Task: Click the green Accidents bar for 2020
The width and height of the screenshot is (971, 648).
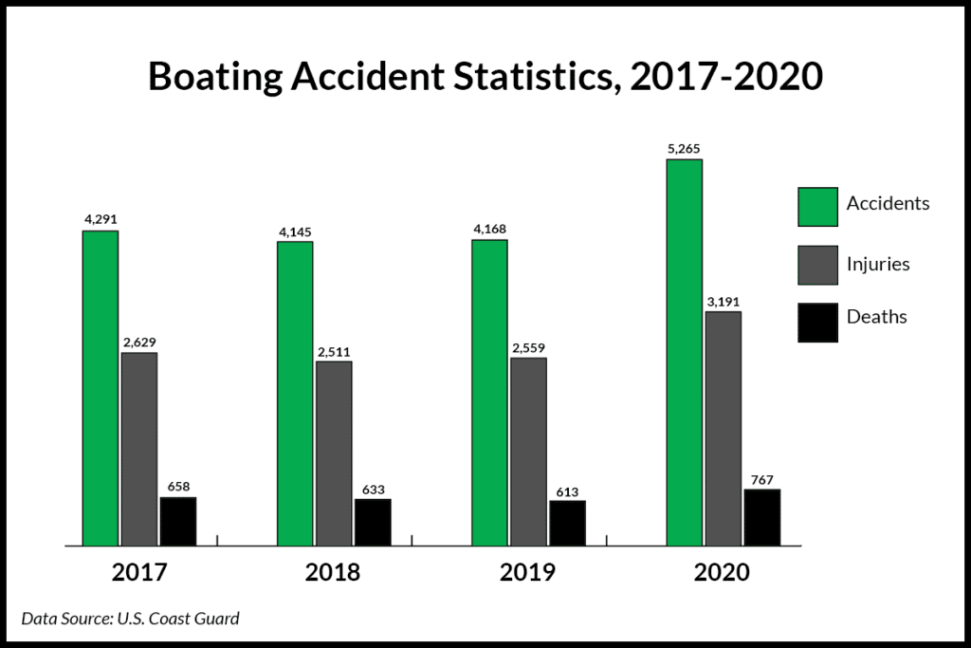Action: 684,352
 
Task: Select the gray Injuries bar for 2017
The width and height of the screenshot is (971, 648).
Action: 139,449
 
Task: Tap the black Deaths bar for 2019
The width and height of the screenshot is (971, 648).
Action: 567,523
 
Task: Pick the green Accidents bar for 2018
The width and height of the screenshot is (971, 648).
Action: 295,394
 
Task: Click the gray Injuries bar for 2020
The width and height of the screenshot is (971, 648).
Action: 723,428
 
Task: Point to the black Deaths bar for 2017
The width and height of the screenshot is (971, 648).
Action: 178,521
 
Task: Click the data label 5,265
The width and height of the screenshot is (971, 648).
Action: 684,148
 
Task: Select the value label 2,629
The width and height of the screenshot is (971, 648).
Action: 139,342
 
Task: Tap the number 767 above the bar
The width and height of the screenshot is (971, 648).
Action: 761,478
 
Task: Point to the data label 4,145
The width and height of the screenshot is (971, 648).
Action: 295,231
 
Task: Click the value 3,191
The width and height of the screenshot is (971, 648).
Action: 723,301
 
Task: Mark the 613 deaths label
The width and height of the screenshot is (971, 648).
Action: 567,491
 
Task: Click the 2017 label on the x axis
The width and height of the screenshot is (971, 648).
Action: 139,573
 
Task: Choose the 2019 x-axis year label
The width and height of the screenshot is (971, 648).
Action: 528,573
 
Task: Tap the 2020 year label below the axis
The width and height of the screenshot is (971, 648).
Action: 722,573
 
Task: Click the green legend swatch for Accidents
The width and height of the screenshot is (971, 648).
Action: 817,207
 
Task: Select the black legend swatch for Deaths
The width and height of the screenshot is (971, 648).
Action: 817,322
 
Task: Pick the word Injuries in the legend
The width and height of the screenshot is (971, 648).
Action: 878,264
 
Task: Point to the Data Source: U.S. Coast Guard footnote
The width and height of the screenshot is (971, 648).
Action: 130,619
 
